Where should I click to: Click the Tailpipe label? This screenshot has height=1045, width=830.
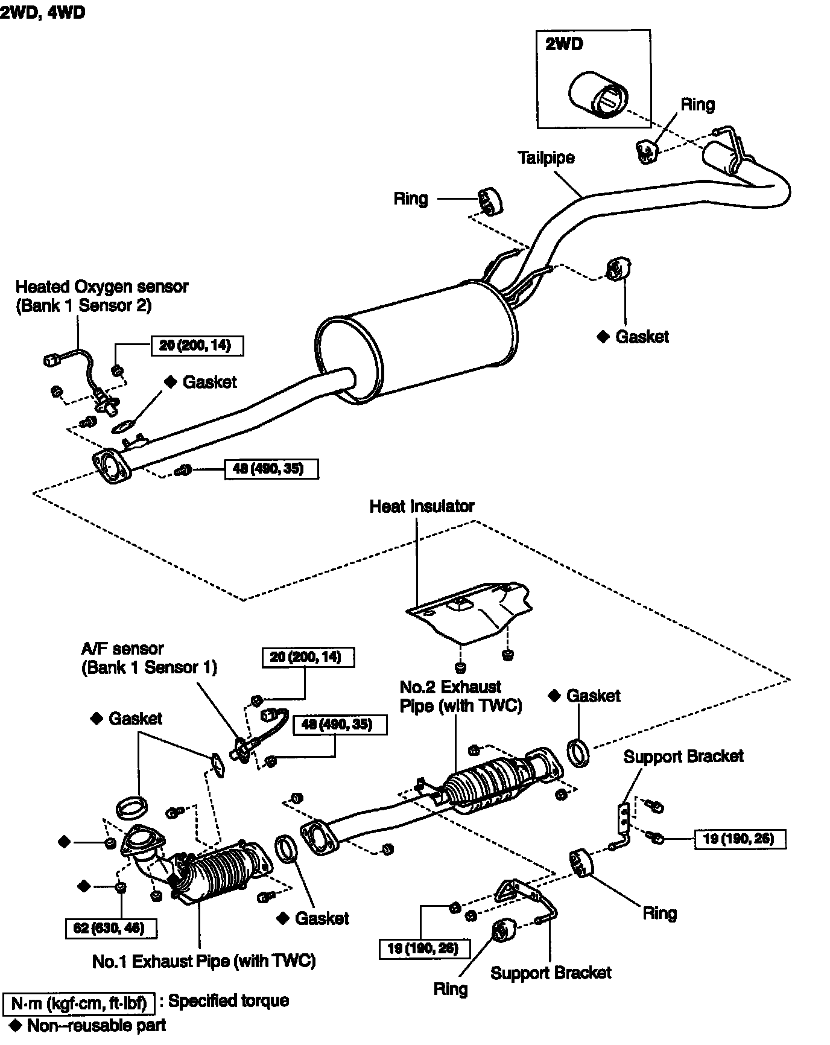(x=546, y=158)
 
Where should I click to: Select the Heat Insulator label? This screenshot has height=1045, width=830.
(x=422, y=506)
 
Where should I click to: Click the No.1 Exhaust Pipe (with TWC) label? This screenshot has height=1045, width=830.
(x=204, y=961)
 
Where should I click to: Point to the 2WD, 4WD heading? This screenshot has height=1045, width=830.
(x=42, y=13)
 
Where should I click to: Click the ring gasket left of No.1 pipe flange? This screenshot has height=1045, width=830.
(x=131, y=807)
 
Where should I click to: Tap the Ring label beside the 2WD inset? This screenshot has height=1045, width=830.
(x=697, y=104)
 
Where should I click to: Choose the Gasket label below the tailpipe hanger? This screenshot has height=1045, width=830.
(x=642, y=337)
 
